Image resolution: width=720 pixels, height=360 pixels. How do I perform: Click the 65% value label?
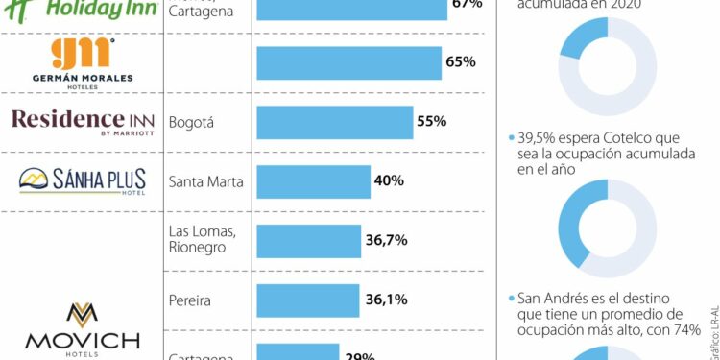pos(461,61)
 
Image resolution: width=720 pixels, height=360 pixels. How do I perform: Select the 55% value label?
pos(431,122)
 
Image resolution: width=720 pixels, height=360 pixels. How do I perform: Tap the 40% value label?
pos(388,180)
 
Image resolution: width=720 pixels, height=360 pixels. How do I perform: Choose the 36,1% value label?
pos(386,299)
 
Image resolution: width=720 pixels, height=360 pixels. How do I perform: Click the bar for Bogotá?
pos(334,122)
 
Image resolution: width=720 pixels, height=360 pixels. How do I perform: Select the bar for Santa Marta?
pos(313,180)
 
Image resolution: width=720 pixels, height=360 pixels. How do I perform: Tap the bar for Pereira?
pos(307,299)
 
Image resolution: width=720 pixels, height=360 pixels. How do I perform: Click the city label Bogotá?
pos(190,122)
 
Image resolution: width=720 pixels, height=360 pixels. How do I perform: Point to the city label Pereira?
pos(189,299)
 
